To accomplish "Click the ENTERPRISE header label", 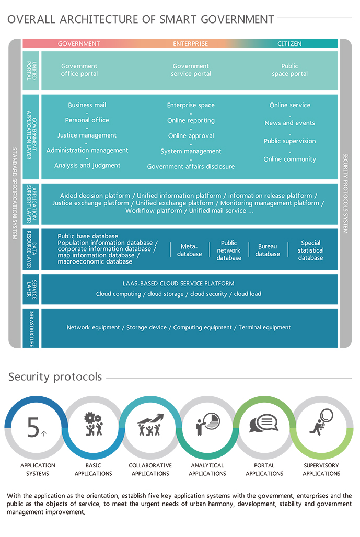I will (x=190, y=44).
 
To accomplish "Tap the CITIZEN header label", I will (x=289, y=44).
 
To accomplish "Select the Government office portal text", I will (x=79, y=70).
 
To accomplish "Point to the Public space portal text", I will (x=289, y=70).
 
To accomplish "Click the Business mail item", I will (x=87, y=105).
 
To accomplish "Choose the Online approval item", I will (x=191, y=136).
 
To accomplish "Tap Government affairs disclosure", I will (x=191, y=167).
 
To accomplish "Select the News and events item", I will (x=289, y=123).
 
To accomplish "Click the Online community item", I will (x=289, y=159).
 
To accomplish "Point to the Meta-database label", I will (x=189, y=250).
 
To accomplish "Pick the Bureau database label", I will (x=268, y=250).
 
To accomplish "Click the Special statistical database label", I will (x=311, y=250).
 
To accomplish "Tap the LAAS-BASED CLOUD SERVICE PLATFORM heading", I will (x=179, y=283).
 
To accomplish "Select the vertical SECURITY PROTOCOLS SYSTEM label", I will (x=345, y=193).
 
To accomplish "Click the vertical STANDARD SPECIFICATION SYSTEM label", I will (x=15, y=193).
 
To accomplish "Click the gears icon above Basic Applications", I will (x=94, y=424).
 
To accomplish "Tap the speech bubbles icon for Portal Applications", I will (x=264, y=423).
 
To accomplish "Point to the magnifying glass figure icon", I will (x=321, y=422).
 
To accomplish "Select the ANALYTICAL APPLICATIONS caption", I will (x=207, y=470).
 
